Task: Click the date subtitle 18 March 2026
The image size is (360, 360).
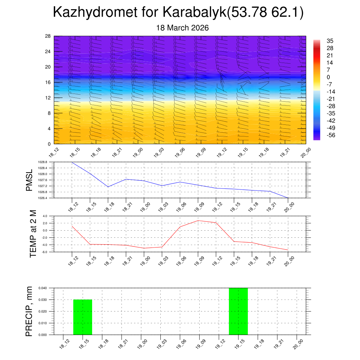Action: coord(182,28)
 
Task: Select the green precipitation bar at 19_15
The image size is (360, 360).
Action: coord(238,311)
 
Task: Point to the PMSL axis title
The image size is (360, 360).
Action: coord(29,180)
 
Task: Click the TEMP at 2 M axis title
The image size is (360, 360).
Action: coord(33,234)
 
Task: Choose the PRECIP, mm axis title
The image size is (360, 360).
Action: coord(29,311)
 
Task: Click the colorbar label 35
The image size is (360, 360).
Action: coord(330,41)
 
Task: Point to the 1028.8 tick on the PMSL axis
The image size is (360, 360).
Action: coord(45,162)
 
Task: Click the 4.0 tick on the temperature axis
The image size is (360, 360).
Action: coord(45,216)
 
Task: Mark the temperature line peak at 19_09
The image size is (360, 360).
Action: coord(198,220)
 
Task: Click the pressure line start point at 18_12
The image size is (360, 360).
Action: coord(72,162)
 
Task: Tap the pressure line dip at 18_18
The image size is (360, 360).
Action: coord(108,187)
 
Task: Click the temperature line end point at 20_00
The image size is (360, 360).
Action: coord(288,250)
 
